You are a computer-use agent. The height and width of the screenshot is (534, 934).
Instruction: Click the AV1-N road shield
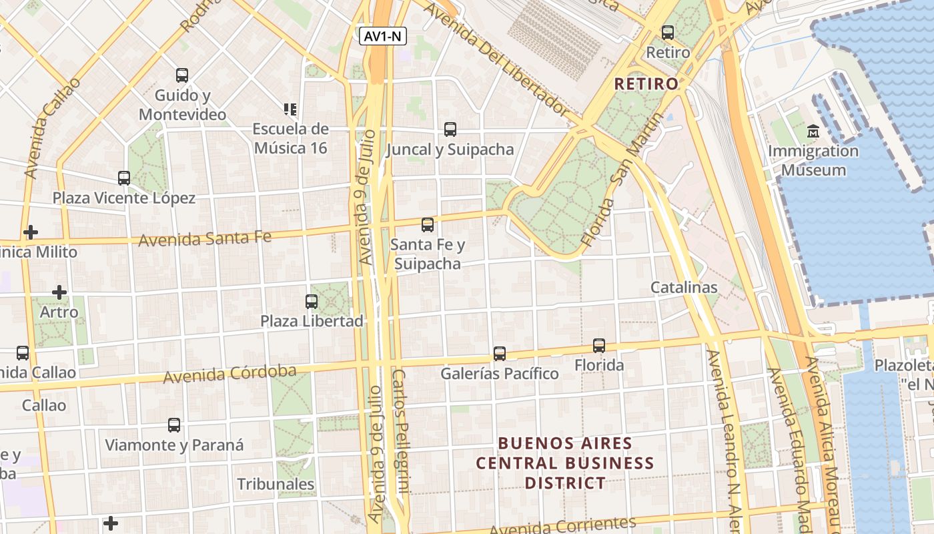[383, 36]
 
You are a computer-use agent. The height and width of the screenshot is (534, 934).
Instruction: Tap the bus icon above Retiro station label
[667, 32]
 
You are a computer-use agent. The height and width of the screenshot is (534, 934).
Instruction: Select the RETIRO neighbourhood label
[646, 84]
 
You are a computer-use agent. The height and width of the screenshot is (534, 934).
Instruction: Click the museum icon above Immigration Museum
[813, 131]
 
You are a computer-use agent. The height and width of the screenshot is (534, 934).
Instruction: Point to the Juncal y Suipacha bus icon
[450, 129]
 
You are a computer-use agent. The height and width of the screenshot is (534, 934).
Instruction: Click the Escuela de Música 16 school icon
[290, 109]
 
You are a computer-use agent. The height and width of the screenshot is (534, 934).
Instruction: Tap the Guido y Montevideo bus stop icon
[182, 75]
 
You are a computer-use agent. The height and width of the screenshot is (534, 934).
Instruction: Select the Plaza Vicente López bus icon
[124, 178]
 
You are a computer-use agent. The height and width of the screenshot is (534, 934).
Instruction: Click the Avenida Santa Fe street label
[205, 237]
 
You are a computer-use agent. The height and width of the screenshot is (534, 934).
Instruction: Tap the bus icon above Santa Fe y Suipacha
[428, 225]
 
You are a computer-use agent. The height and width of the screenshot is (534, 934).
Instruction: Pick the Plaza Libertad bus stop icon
[312, 301]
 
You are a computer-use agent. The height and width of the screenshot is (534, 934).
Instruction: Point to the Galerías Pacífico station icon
[500, 353]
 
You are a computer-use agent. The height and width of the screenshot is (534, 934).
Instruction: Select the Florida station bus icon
[599, 345]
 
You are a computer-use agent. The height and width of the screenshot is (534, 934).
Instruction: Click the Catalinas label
[684, 288]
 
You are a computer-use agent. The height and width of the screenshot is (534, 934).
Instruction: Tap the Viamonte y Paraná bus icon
[174, 425]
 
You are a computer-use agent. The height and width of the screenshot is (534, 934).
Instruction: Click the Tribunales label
[276, 484]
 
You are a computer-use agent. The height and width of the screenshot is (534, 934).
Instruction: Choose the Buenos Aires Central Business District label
[565, 463]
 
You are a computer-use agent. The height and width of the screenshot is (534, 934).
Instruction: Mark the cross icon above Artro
[59, 292]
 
